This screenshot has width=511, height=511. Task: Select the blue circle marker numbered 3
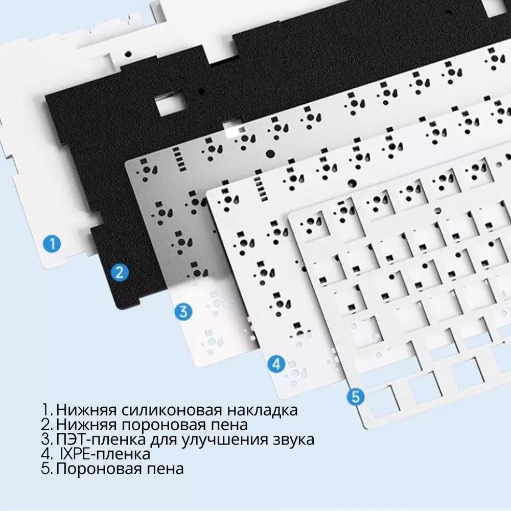coord(184,311)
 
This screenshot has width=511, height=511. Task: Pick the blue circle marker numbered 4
coord(276,364)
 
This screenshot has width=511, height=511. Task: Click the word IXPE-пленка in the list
coord(105,454)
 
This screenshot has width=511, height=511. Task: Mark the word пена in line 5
coord(167,468)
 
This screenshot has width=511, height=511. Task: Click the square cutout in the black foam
coord(169,106)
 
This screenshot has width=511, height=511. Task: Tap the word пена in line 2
coord(230,425)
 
